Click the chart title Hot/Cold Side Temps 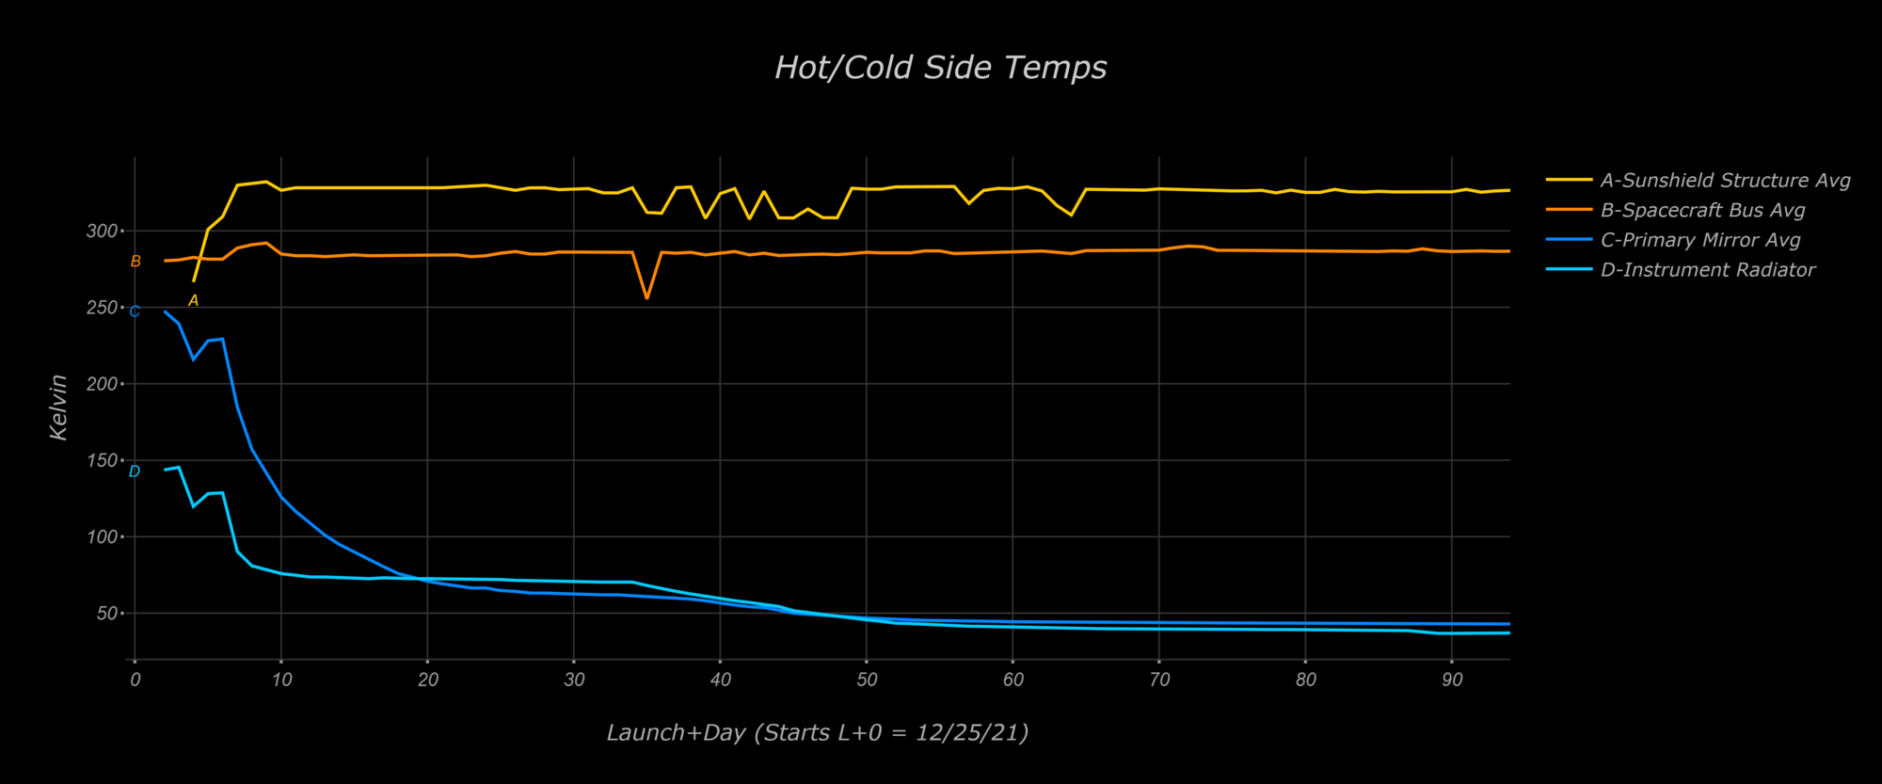pyautogui.click(x=940, y=68)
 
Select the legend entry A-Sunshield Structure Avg pyautogui.click(x=1725, y=181)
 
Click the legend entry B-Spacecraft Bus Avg pyautogui.click(x=1702, y=211)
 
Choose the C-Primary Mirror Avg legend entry pyautogui.click(x=1700, y=240)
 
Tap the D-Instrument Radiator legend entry pyautogui.click(x=1707, y=270)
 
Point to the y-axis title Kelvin pyautogui.click(x=58, y=407)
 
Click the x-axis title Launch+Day pyautogui.click(x=817, y=732)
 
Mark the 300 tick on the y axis pyautogui.click(x=102, y=231)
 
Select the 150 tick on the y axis pyautogui.click(x=102, y=460)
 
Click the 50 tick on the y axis pyautogui.click(x=106, y=614)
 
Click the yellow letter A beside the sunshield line pyautogui.click(x=193, y=301)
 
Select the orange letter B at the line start pyautogui.click(x=136, y=262)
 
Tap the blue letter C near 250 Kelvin pyautogui.click(x=135, y=312)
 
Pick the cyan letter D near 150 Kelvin pyautogui.click(x=135, y=472)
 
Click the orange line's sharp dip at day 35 pyautogui.click(x=646, y=298)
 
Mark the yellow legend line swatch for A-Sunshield pyautogui.click(x=1569, y=180)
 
